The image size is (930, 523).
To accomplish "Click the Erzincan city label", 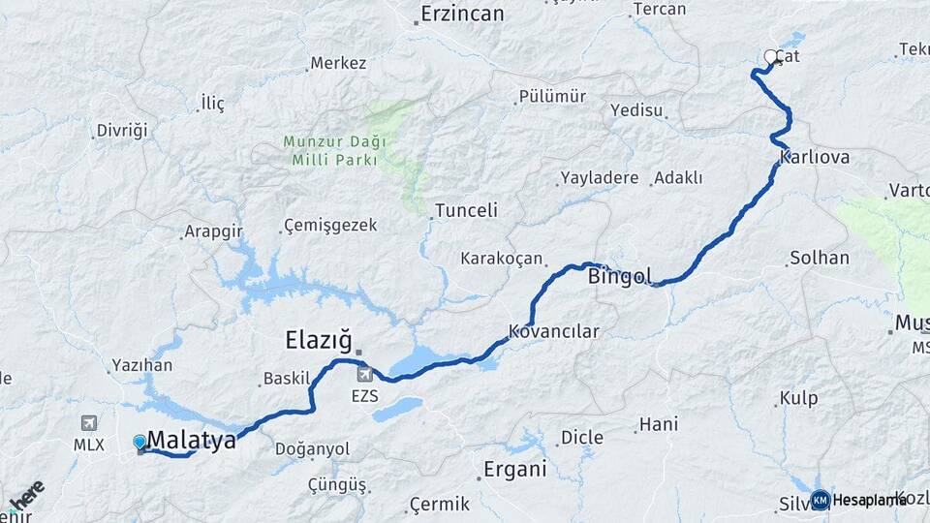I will point(462,15).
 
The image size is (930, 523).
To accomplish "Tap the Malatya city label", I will point(192,441).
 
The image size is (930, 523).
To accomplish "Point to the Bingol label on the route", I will point(620,277).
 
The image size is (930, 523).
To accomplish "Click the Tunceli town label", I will point(466,210).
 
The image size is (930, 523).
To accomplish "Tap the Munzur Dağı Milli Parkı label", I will point(334,151).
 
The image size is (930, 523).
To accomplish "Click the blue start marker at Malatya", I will point(139,442).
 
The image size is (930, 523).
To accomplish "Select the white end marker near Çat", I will point(771,57).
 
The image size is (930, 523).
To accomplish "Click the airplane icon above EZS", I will point(364,375).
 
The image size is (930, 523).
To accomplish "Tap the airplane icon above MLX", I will point(89,423).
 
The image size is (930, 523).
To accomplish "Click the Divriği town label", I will point(121,131).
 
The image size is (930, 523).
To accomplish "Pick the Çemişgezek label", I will point(329,226).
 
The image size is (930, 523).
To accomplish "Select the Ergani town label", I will point(516,470).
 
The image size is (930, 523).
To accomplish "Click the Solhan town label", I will point(820,259).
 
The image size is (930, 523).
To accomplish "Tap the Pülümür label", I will point(552,96).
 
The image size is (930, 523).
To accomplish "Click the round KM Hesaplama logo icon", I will point(821,500).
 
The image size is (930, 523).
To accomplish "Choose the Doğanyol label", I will point(312,449).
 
